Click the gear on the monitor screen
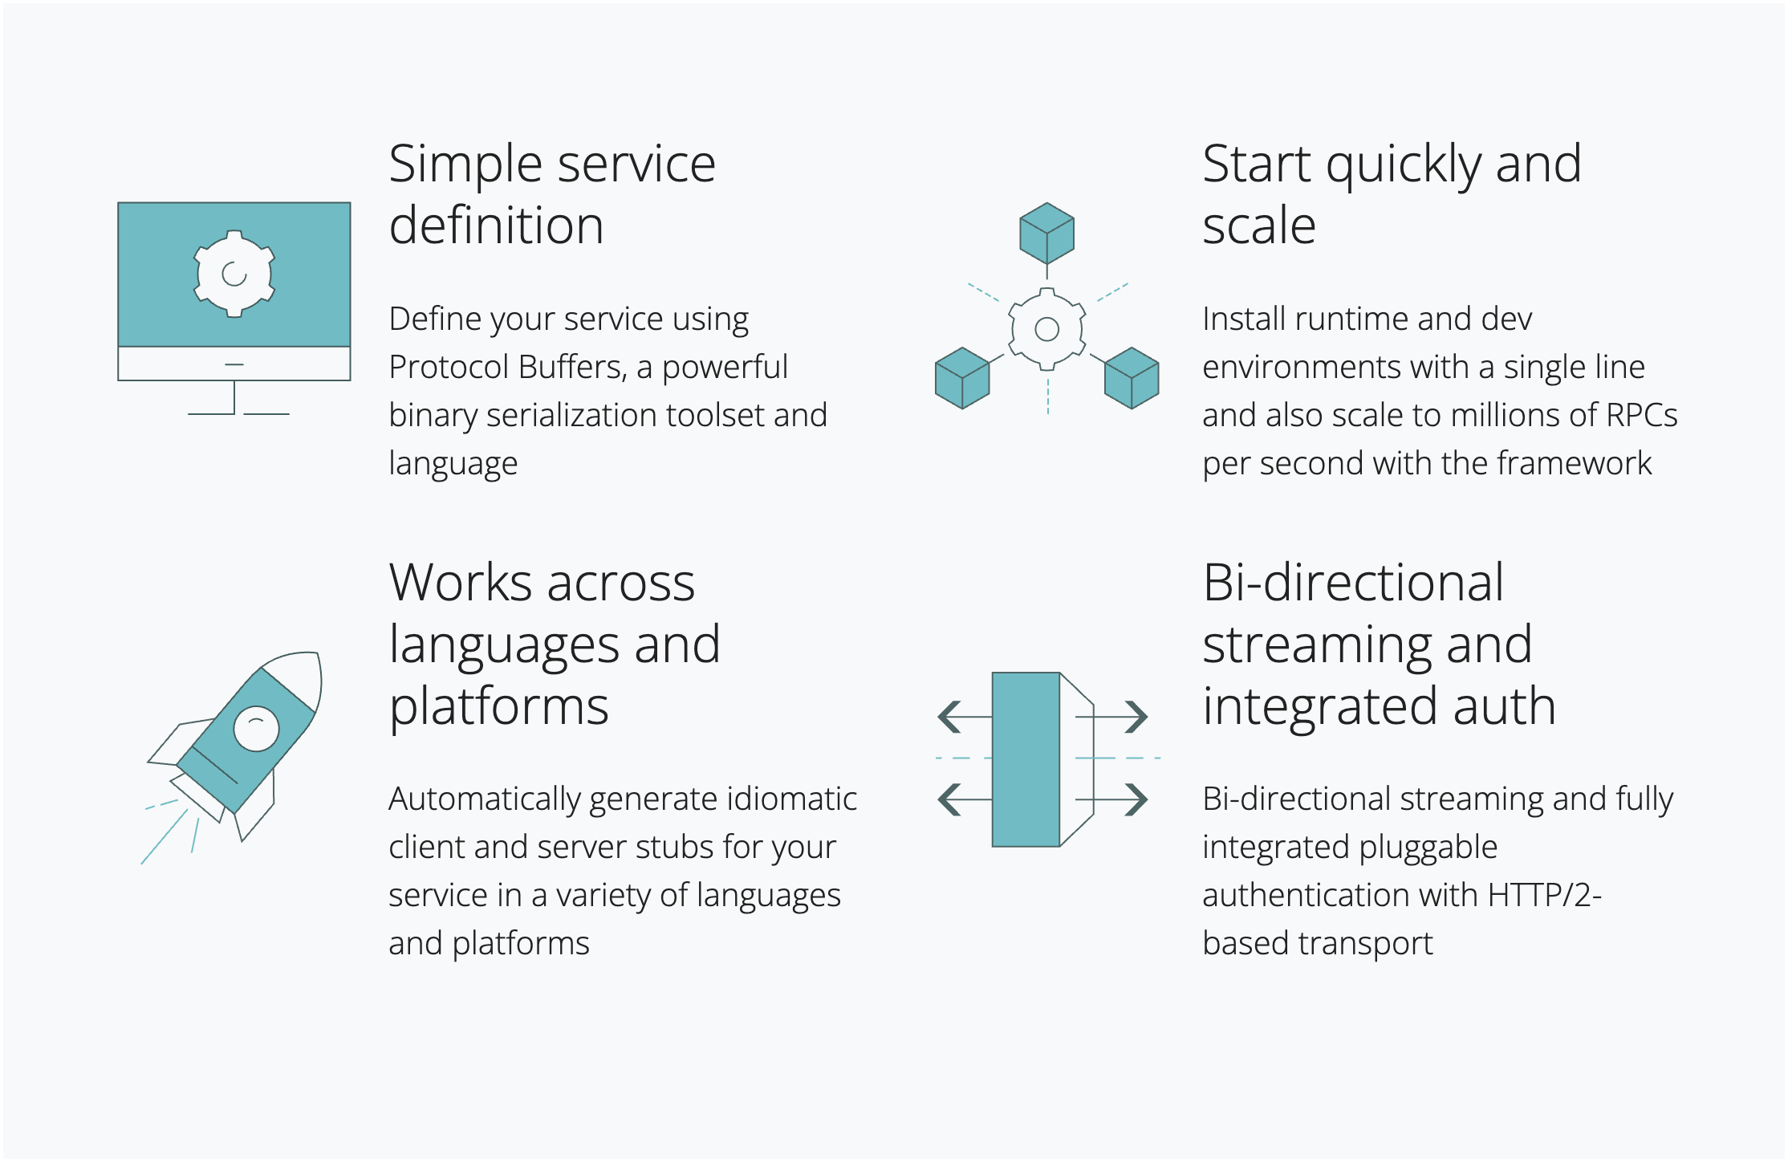(x=234, y=274)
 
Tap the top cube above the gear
(x=1046, y=234)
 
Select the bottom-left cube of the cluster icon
(x=962, y=378)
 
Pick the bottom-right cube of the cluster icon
(x=1132, y=378)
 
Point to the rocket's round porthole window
(x=256, y=729)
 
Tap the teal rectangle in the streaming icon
(x=1026, y=759)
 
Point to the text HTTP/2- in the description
(x=1545, y=895)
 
